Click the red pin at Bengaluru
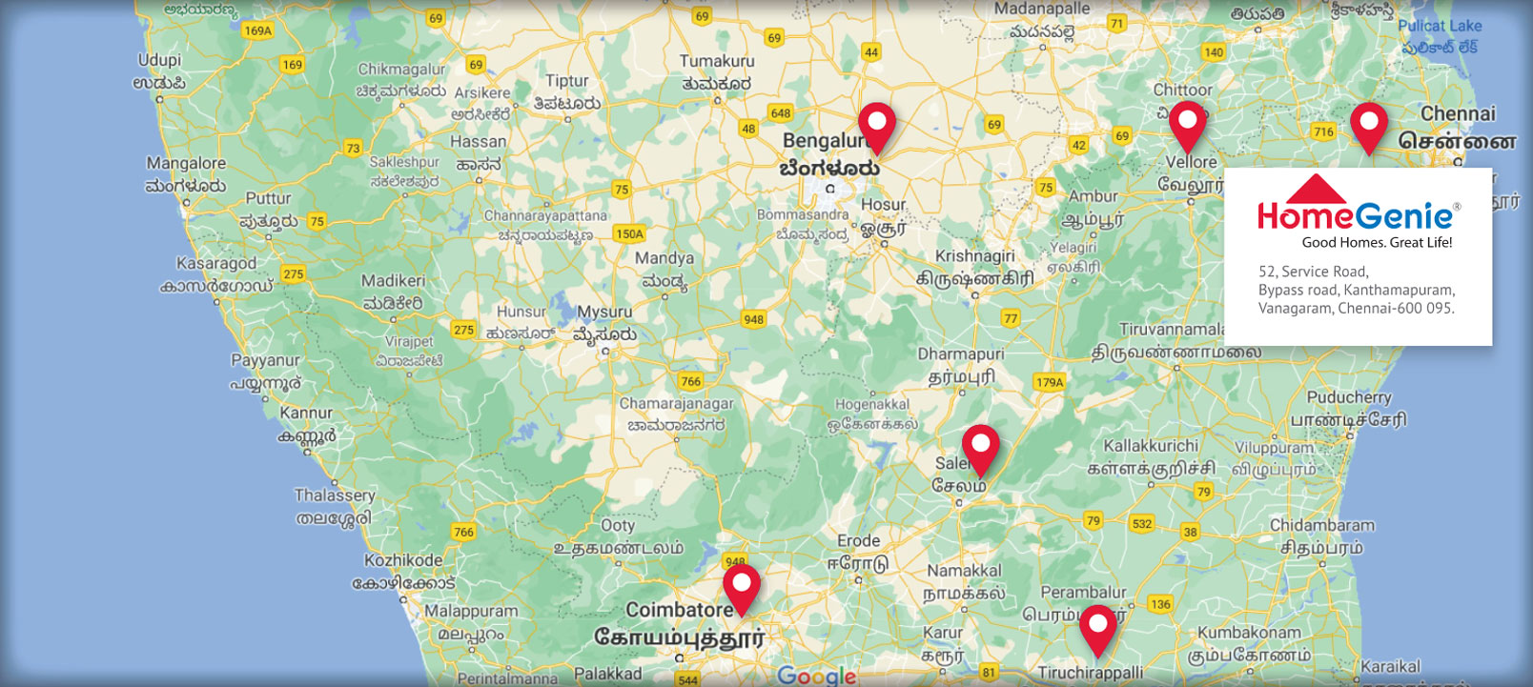point(876,127)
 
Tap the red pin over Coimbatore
point(741,587)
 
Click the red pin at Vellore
point(1188,125)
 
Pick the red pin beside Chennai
point(1368,127)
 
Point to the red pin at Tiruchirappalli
point(1097,629)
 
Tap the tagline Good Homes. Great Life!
point(1377,243)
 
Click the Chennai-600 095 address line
point(1356,308)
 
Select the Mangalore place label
point(186,164)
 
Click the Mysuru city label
point(603,313)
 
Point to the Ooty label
point(618,525)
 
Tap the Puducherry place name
point(1349,397)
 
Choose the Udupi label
point(159,60)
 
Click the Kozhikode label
point(403,560)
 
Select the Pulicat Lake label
point(1440,27)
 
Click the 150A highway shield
point(629,233)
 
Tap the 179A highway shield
point(1049,382)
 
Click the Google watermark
point(816,676)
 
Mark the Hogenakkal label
point(871,405)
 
